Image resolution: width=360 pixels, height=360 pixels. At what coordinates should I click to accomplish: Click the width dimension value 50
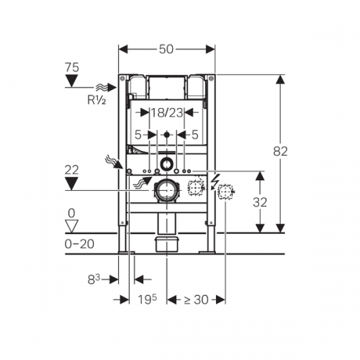tap(166, 49)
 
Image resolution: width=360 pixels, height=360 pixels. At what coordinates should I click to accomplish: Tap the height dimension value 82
tap(280, 151)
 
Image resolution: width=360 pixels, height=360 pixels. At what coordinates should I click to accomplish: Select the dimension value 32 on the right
tap(260, 202)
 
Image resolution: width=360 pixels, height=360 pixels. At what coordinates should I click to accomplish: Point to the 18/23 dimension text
tap(167, 112)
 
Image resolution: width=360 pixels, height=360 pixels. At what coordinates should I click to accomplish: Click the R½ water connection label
tap(96, 100)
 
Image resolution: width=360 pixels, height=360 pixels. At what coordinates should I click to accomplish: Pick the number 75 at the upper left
tap(72, 68)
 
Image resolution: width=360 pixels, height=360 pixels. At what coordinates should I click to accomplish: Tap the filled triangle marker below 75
tap(72, 81)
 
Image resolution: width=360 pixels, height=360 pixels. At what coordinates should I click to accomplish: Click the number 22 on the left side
tap(71, 170)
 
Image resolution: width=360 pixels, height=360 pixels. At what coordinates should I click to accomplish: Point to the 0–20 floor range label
tap(79, 244)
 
